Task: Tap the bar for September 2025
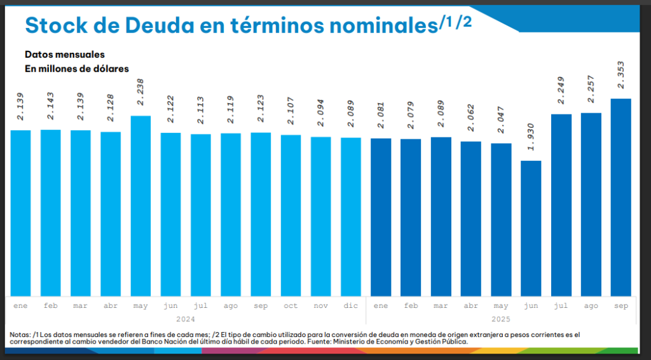click(x=620, y=197)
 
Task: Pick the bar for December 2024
click(x=351, y=216)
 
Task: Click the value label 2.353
click(x=620, y=75)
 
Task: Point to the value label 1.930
click(x=531, y=137)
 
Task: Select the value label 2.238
click(x=140, y=92)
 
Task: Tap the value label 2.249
click(x=561, y=91)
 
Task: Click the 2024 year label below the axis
click(x=185, y=319)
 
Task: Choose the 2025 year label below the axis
click(x=500, y=319)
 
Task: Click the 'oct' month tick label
click(x=291, y=306)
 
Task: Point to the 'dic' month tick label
click(x=351, y=306)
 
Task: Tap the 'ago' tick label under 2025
click(x=591, y=306)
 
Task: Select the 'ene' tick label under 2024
click(x=21, y=306)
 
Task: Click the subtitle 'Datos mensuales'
click(x=65, y=54)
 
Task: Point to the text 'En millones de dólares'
click(x=77, y=68)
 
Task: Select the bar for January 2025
click(x=381, y=217)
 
